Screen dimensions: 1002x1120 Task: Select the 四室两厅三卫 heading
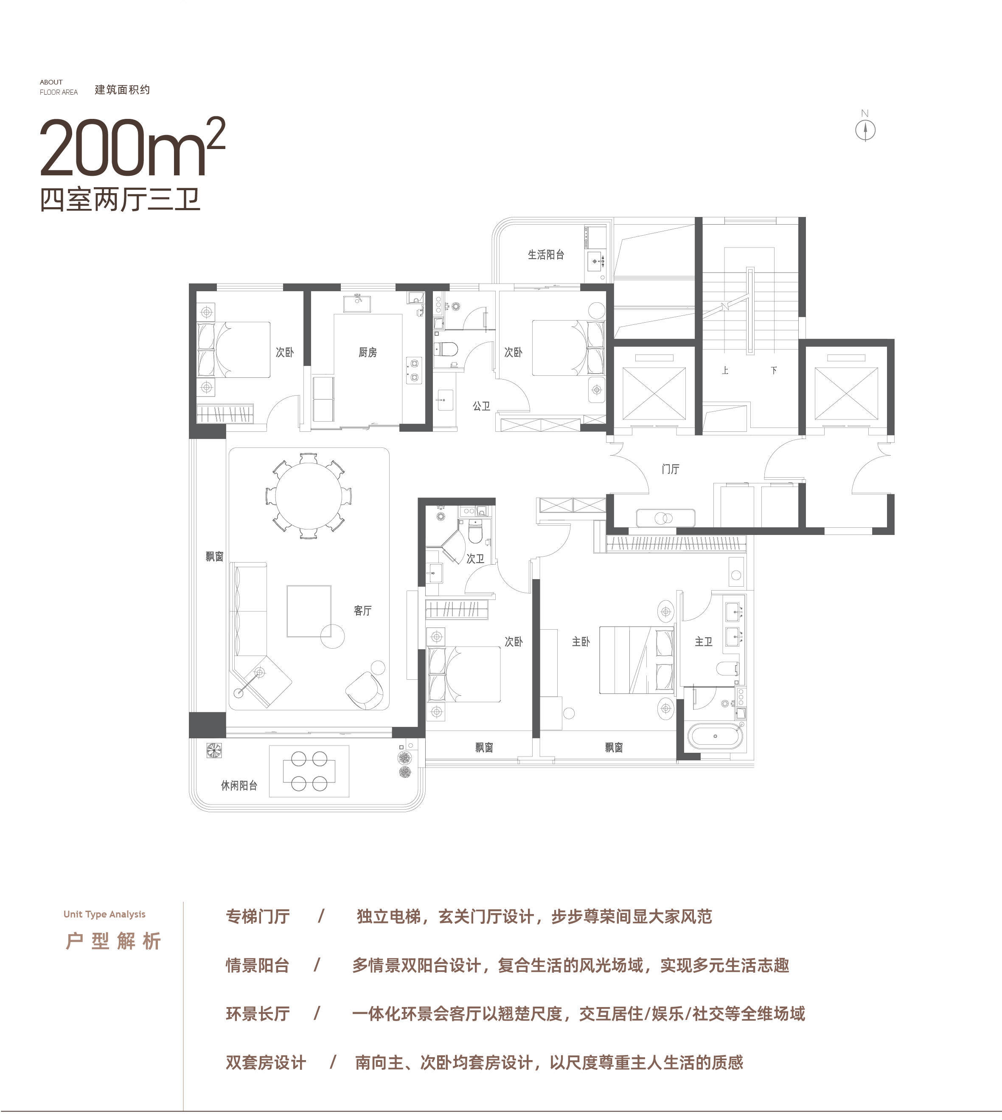click(x=120, y=199)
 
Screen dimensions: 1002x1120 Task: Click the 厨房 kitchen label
click(x=368, y=352)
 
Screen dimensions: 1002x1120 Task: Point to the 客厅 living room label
click(x=363, y=611)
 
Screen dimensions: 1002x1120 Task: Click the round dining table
click(x=309, y=495)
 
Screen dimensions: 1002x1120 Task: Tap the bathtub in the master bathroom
click(x=715, y=736)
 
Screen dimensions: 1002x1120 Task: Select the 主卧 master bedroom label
click(x=581, y=642)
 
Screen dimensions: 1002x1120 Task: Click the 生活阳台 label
click(x=546, y=255)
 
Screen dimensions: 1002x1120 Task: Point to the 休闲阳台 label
click(x=239, y=786)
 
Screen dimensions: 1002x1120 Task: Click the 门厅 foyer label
click(x=671, y=469)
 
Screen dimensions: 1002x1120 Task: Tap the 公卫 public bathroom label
click(x=481, y=406)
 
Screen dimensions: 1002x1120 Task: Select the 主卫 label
click(x=704, y=642)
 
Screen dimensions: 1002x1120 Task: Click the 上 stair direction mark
click(x=726, y=371)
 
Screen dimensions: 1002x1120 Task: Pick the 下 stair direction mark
click(x=774, y=371)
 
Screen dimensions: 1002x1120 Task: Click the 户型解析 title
click(x=113, y=941)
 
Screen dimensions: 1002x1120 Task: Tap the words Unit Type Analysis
click(x=104, y=914)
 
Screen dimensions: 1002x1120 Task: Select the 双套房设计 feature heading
click(x=266, y=1062)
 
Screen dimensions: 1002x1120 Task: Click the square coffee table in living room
click(x=309, y=611)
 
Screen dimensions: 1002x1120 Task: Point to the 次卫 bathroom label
click(x=475, y=559)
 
